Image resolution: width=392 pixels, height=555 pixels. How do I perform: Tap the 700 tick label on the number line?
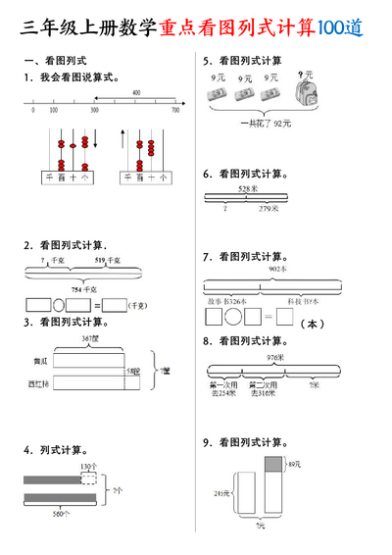[x=175, y=111]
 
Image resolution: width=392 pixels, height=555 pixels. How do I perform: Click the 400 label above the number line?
[x=135, y=92]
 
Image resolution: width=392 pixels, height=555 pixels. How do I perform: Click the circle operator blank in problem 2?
[x=58, y=305]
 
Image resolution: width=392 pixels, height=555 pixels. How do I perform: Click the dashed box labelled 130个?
[x=89, y=479]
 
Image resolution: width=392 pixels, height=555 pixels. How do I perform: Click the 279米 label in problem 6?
[x=266, y=208]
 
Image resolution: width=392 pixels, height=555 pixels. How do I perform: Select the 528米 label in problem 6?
[x=247, y=187]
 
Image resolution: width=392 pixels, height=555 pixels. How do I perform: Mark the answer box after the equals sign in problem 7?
[x=284, y=318]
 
